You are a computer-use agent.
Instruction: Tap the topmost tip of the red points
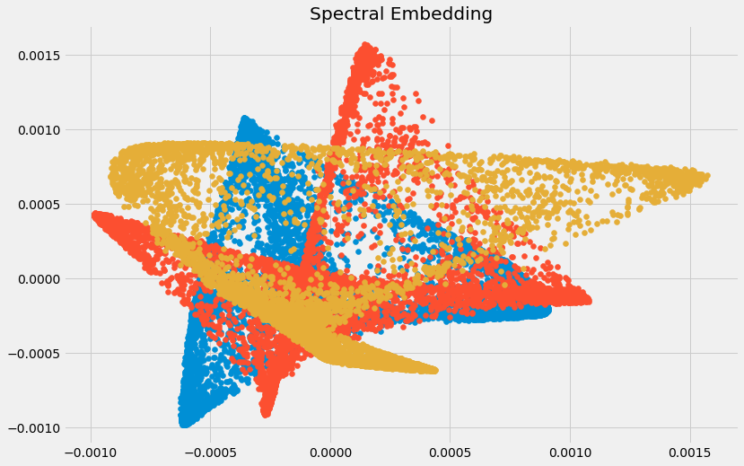point(365,44)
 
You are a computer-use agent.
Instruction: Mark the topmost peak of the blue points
point(243,118)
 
